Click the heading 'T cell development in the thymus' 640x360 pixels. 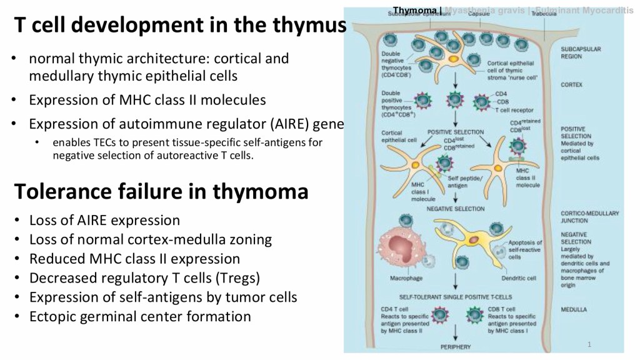[180, 26]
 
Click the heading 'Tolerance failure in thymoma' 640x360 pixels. [161, 191]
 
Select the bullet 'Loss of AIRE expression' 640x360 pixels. [104, 220]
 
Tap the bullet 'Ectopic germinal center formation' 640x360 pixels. [140, 316]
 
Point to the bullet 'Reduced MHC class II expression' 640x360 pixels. [134, 258]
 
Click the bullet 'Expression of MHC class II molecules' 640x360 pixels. [147, 99]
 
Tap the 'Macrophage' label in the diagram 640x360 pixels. [406, 277]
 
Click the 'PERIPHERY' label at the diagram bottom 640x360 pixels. [456, 346]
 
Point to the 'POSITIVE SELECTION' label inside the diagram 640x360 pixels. [456, 132]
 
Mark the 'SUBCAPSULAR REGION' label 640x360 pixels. [580, 52]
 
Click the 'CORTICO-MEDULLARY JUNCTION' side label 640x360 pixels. [589, 216]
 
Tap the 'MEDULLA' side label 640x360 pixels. [574, 308]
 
